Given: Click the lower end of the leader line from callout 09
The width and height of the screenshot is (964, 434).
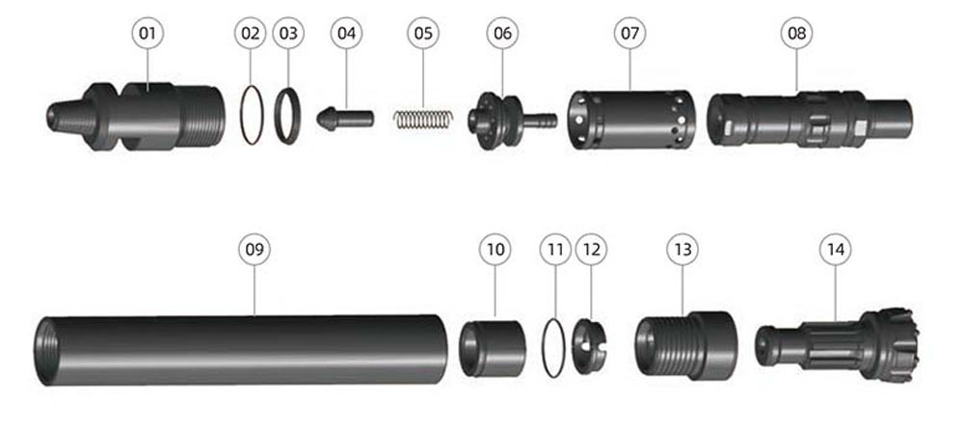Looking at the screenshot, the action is coord(254,316).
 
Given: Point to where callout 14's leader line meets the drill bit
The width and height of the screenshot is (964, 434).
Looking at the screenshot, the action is coord(836,321).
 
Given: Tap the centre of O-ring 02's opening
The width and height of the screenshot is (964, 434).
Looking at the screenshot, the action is coord(252,117).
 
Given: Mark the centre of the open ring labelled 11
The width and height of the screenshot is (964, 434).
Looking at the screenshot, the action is coord(553,348).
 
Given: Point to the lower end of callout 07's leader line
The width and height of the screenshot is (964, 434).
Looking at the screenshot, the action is coord(630,90).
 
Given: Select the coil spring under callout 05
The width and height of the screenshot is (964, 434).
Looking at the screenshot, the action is coord(423,119).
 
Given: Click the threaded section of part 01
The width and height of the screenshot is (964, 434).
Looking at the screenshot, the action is coord(201,117).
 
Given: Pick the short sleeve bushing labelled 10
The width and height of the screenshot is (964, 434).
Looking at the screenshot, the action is coord(493,348).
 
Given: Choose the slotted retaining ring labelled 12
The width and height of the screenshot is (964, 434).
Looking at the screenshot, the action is coord(589,347).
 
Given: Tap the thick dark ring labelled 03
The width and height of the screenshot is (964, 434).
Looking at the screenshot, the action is coord(287,116).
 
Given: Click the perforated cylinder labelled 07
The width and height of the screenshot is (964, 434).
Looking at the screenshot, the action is coord(630,120).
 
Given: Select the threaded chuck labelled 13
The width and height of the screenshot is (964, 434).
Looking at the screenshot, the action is coord(686,345).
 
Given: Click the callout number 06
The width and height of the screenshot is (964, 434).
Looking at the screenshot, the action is coord(502,33).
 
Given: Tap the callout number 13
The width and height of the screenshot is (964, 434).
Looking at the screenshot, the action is coord(683,250).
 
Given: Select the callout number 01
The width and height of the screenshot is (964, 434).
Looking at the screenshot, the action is coord(147,33).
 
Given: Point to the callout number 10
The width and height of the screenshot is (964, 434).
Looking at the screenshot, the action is coord(495,250).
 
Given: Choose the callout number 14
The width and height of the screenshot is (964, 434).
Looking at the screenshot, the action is coord(836,250).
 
